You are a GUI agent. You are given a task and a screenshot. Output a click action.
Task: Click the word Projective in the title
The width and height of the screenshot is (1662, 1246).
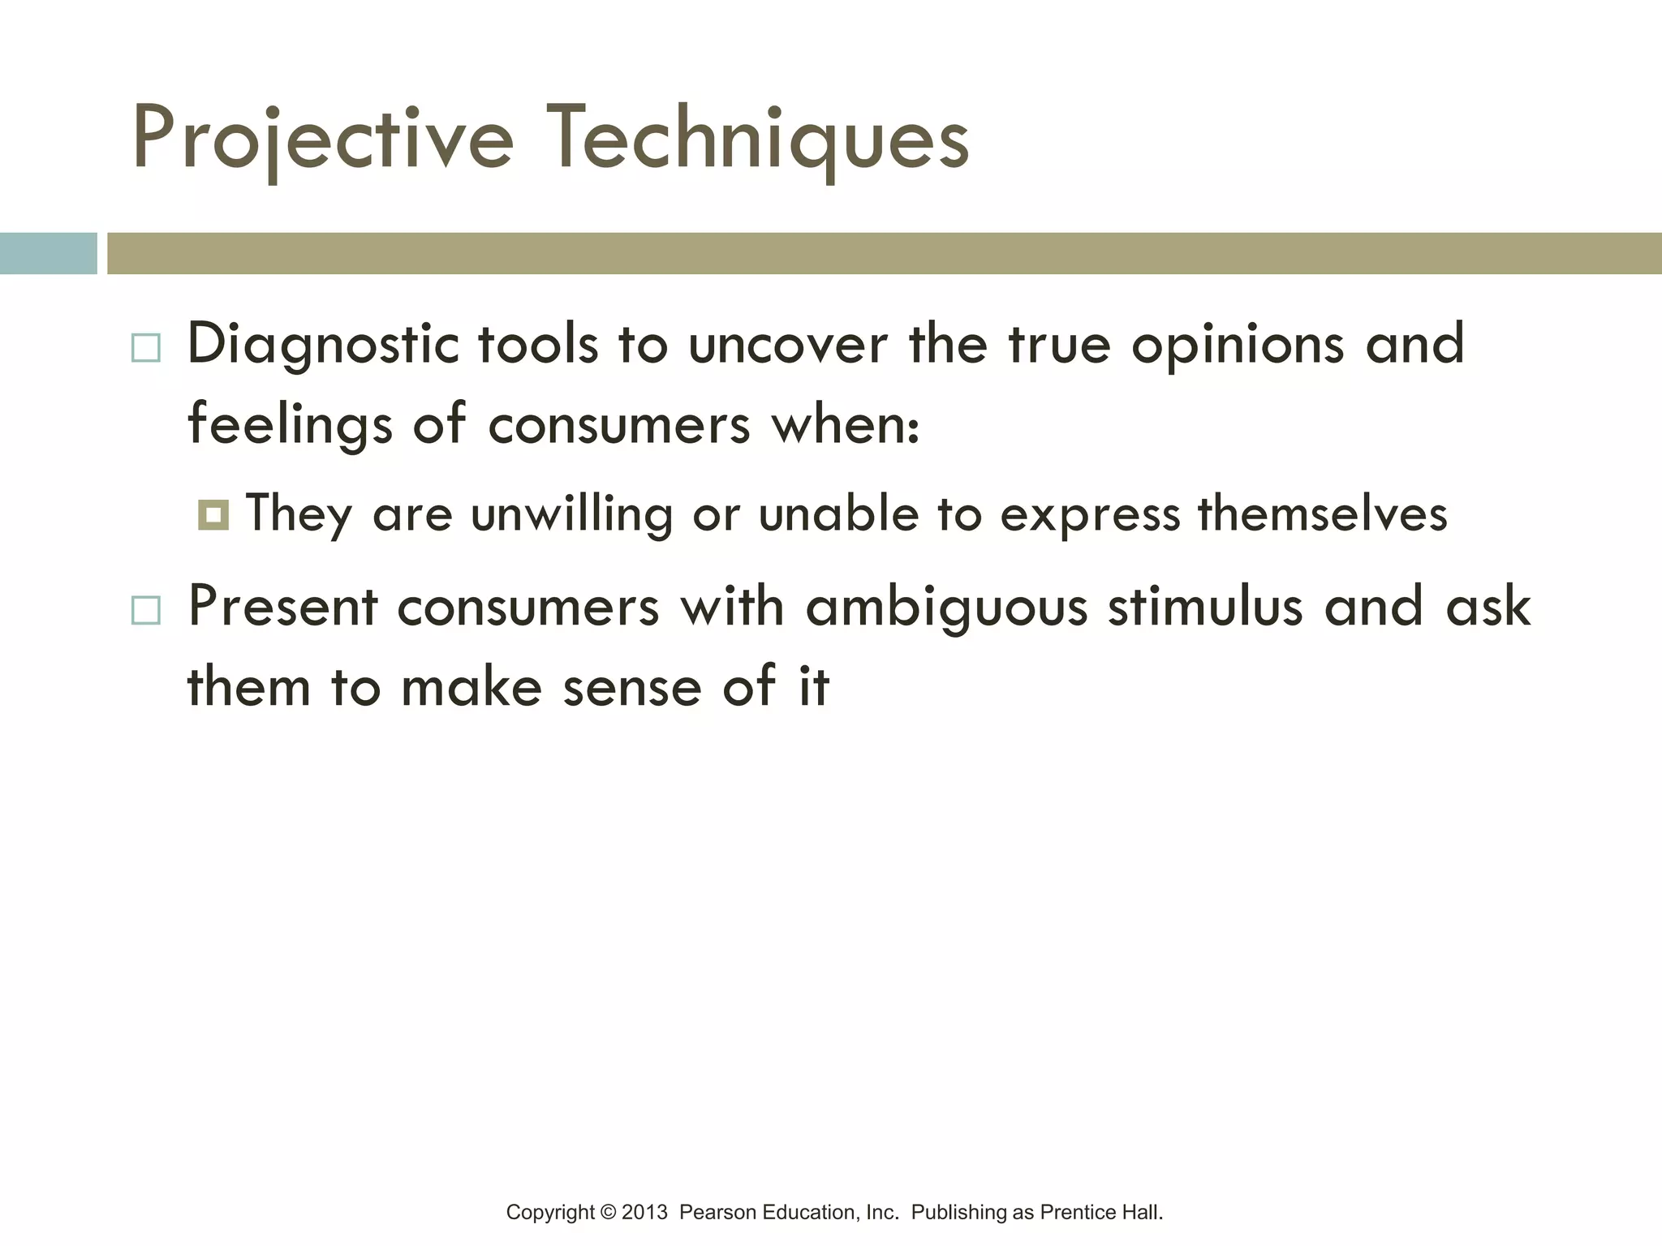322,140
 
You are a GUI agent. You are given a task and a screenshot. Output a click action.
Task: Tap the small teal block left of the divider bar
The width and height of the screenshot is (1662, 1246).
48,253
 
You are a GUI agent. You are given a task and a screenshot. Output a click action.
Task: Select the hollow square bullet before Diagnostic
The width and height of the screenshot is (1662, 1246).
146,348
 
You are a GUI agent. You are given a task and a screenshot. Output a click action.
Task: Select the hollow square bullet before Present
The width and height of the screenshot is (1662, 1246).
146,609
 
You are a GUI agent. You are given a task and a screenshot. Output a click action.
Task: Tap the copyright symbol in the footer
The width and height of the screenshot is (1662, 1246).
609,1213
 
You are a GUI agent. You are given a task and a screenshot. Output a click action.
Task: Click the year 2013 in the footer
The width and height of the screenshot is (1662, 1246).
644,1213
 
